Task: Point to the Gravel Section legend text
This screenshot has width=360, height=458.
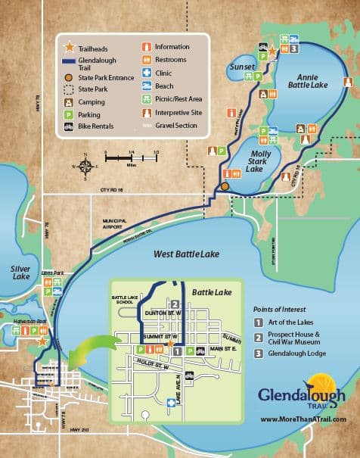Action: pos(177,126)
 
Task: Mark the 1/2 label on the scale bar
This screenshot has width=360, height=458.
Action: pos(156,152)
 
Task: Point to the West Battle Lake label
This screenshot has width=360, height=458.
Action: pos(186,255)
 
